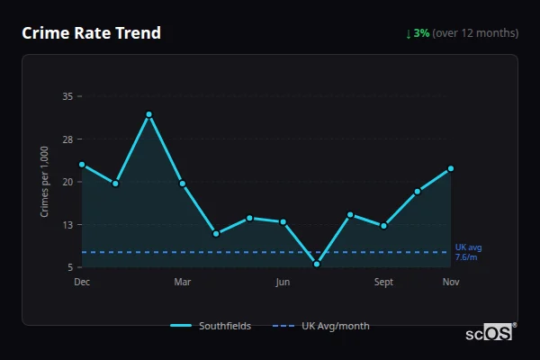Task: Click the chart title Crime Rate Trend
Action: point(92,33)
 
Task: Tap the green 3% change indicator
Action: point(418,33)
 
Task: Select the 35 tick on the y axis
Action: point(67,95)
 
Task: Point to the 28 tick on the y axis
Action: point(67,139)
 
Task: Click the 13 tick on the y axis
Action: point(67,224)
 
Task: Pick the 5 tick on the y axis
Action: point(69,267)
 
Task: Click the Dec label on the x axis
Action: point(82,283)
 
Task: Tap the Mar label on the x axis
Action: point(183,283)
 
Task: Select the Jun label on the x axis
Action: point(283,283)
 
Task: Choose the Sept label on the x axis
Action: point(383,283)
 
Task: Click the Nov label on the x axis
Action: point(451,283)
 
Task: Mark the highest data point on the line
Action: point(149,114)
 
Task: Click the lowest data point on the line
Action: point(317,264)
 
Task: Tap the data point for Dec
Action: point(82,165)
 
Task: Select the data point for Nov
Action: point(451,168)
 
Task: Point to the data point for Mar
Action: point(183,184)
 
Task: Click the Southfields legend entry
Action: point(211,326)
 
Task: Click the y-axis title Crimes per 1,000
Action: point(45,181)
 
